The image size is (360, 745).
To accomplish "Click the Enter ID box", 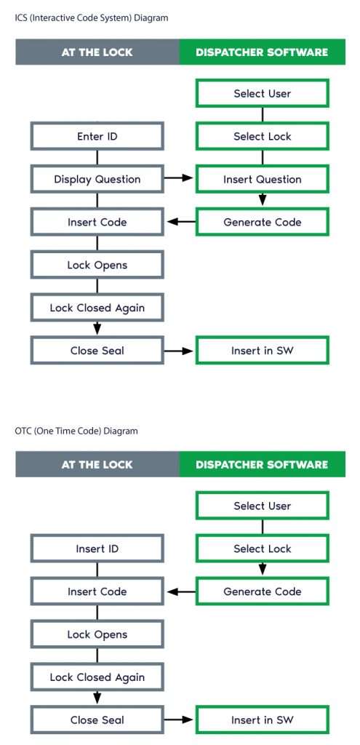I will coord(97,136).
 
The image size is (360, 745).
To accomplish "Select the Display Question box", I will coord(97,179).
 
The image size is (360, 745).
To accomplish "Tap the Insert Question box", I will coord(262,179).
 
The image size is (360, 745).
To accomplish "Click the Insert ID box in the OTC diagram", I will coord(97,549).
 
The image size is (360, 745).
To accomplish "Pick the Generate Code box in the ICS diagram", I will coord(262,222).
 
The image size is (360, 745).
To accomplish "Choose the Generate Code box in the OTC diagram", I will coord(262,591).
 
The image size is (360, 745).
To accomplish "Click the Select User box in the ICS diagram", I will coord(262,93).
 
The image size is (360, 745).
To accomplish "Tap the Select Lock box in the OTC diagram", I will coord(262,549).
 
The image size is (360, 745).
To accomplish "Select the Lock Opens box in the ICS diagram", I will coord(97,265).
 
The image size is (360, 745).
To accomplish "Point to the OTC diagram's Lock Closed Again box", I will coord(97,677).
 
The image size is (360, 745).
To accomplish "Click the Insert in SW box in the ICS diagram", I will coord(262,351).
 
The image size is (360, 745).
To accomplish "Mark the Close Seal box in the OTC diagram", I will coord(97,720).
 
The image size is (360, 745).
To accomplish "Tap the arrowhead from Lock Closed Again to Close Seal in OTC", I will coord(97,700).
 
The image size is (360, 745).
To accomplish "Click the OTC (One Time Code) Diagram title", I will coord(76,431).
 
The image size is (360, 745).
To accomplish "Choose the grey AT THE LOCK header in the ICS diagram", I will coord(97,52).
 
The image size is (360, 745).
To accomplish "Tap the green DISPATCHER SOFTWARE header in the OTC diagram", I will coord(262,464).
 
